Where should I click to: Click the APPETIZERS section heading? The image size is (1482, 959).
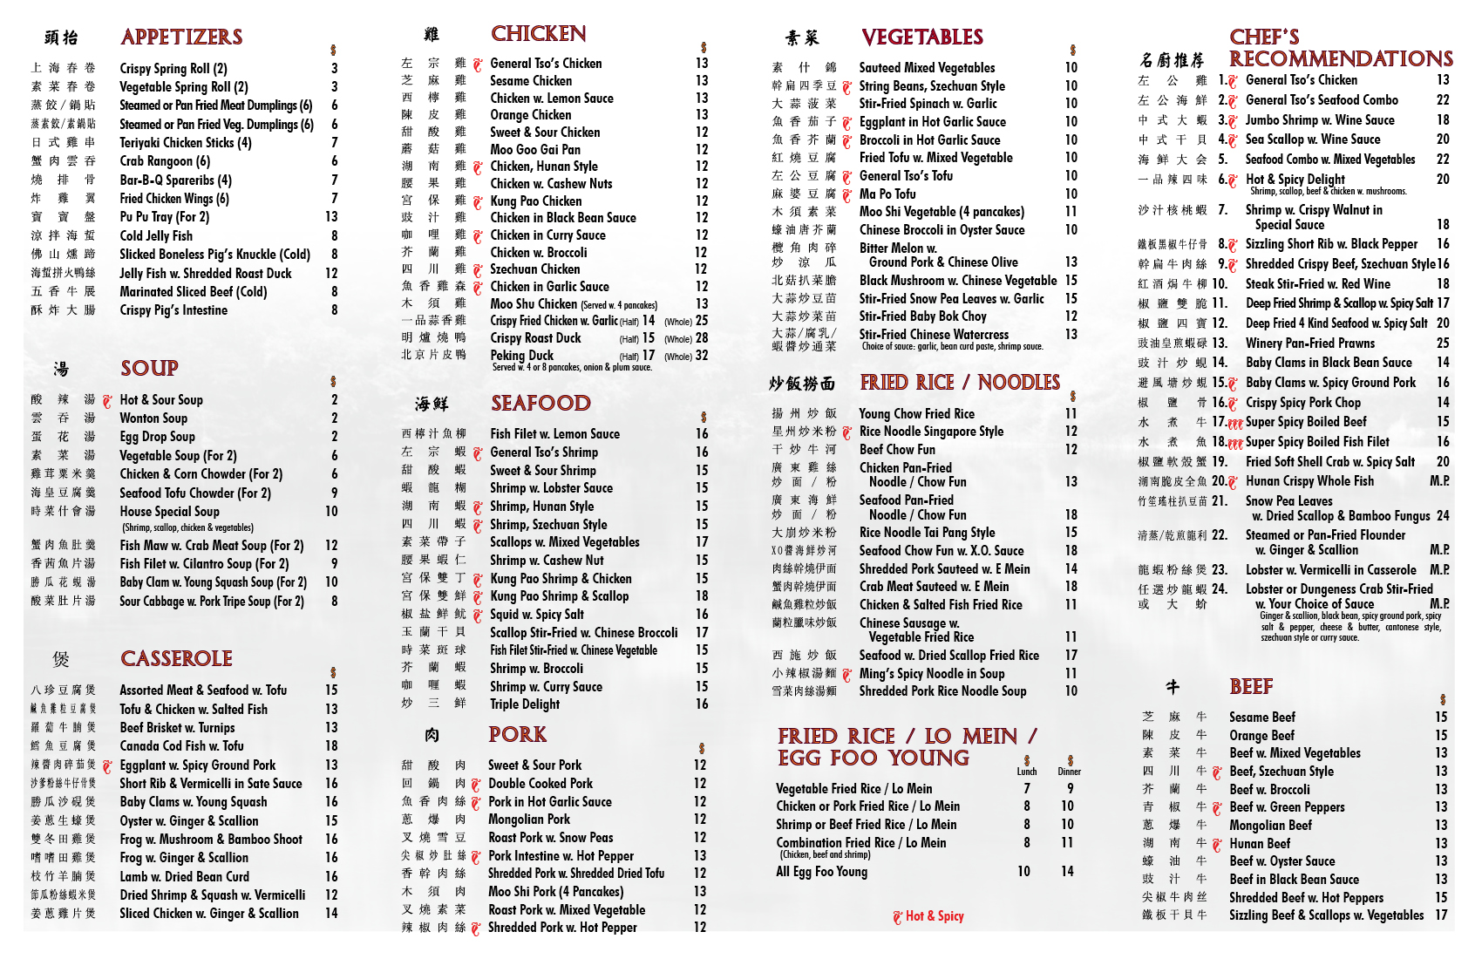click(x=181, y=37)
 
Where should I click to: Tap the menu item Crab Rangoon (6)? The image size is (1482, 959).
click(x=165, y=161)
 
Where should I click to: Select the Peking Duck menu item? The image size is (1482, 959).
click(x=521, y=356)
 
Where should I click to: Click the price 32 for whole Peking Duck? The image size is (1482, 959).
click(x=702, y=356)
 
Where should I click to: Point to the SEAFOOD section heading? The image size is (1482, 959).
click(x=540, y=403)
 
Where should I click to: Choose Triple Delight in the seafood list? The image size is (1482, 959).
click(x=525, y=704)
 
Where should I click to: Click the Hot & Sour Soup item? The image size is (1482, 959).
click(x=161, y=400)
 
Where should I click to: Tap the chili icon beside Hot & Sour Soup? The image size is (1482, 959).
click(x=107, y=401)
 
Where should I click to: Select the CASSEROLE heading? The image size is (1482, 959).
click(x=176, y=658)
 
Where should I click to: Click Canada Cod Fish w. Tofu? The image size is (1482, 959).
click(x=181, y=746)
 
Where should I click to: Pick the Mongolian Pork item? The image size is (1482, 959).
click(x=529, y=820)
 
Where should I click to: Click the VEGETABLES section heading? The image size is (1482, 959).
click(x=922, y=37)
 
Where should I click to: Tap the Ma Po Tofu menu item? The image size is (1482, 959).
click(x=887, y=194)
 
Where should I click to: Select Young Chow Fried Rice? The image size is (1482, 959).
click(x=917, y=414)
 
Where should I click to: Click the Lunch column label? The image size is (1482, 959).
click(x=1027, y=772)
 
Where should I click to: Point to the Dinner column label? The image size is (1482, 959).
click(x=1070, y=772)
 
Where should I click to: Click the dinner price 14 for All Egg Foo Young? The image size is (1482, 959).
click(x=1067, y=872)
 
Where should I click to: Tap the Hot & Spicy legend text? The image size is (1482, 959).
click(x=935, y=916)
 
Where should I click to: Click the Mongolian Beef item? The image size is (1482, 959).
click(x=1270, y=826)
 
